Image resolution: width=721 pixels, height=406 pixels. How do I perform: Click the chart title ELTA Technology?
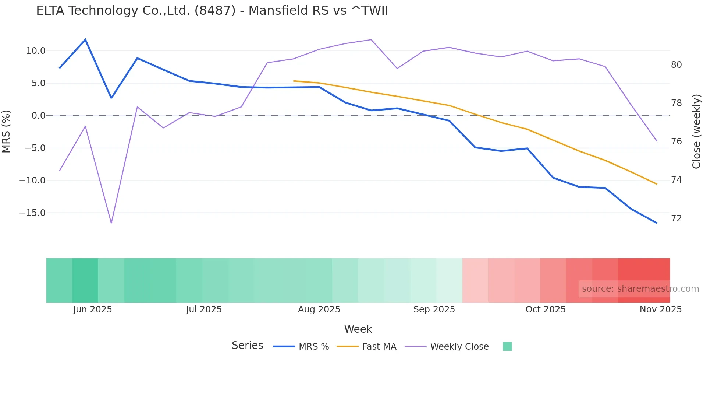[x=212, y=11]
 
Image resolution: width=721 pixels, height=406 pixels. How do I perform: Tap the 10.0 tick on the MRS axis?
[x=36, y=51]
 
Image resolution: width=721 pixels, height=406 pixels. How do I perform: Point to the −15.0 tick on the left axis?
[x=32, y=213]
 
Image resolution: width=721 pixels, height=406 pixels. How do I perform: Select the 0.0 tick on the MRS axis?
[x=38, y=116]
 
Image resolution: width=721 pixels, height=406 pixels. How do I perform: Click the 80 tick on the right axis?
[x=676, y=65]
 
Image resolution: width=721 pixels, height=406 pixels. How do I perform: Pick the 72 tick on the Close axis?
[x=676, y=218]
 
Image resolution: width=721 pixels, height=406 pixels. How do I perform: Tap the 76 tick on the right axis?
[x=676, y=141]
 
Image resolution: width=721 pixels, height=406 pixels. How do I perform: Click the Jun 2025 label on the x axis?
[x=92, y=309]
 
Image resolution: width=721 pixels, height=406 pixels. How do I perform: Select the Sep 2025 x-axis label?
[x=434, y=309]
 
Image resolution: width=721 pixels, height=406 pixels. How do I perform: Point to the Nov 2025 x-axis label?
[x=660, y=309]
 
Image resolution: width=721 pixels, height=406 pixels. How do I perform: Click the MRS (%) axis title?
[x=6, y=132]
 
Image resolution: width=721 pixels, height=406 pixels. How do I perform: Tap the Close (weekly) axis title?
[x=696, y=132]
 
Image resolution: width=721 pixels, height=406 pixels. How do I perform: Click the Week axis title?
[x=358, y=329]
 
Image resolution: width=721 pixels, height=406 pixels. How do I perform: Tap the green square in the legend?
[x=507, y=347]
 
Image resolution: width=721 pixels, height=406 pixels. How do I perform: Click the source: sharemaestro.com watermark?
[x=640, y=289]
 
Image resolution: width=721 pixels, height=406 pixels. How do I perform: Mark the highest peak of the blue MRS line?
[x=85, y=39]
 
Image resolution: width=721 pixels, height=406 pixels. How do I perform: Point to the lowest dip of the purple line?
[x=111, y=223]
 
